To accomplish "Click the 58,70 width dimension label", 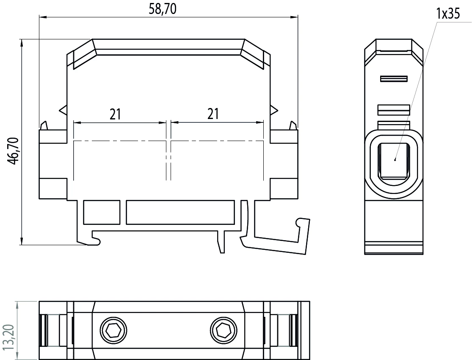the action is [163, 9].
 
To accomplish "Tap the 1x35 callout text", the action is [448, 14].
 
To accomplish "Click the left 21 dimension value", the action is [115, 114].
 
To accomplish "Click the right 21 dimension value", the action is [213, 114].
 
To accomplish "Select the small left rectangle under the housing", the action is [102, 212].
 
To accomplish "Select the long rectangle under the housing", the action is [180, 212].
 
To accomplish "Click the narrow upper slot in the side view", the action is [394, 79].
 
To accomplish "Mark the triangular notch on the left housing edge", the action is [63, 110].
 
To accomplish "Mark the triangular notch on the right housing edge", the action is [274, 110].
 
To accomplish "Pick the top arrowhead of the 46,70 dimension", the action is [22, 42].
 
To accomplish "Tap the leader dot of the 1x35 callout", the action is [395, 160].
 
